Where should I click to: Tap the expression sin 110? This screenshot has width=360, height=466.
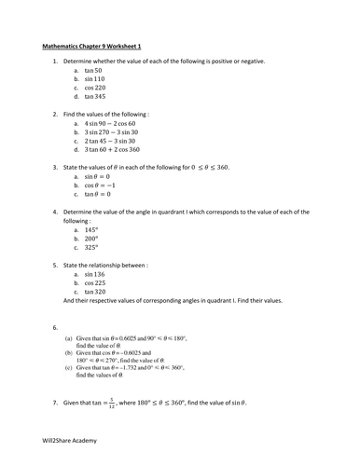pyautogui.click(x=94, y=79)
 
